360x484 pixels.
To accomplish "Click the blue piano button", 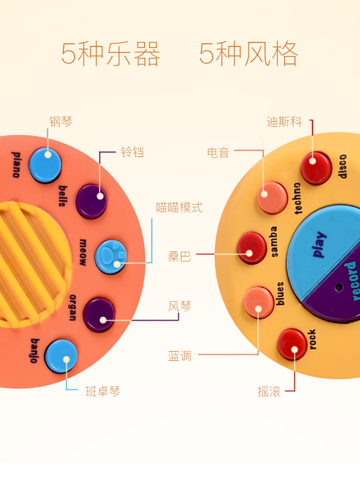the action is (45, 165).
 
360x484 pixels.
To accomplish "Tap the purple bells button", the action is (91, 201).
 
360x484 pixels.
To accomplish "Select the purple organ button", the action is (99, 314).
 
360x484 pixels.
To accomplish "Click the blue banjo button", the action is (61, 356).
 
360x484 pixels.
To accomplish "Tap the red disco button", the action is (316, 168).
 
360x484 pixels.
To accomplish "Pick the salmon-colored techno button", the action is (272, 197).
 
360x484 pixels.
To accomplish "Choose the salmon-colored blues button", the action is (258, 302).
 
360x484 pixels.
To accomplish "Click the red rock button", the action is (292, 344).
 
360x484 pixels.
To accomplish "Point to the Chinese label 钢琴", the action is (61, 122).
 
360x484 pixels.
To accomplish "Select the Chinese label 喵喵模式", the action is (179, 208).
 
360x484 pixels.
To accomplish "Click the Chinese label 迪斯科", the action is (284, 122).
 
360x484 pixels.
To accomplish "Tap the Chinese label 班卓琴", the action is (103, 391).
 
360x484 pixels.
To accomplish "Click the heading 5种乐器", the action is (111, 54).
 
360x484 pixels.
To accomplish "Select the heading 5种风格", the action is (249, 54).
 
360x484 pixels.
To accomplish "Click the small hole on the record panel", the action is (338, 287).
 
